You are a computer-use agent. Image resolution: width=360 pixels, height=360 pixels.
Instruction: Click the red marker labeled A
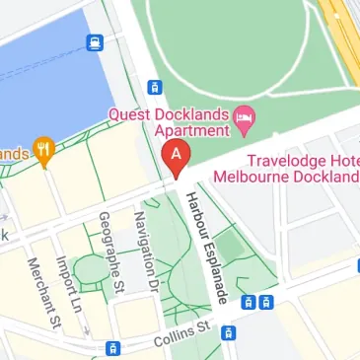(176, 157)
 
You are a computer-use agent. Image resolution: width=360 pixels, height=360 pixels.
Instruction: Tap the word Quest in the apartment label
(132, 114)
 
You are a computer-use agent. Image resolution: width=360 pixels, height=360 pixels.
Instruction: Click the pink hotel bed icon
(244, 124)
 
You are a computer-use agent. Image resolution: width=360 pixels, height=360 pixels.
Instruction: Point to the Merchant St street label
(45, 292)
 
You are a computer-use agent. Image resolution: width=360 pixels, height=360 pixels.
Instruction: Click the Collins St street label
(181, 332)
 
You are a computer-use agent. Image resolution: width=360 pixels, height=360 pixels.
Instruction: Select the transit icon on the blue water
(94, 42)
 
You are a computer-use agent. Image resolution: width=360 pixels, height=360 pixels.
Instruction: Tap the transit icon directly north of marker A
(154, 88)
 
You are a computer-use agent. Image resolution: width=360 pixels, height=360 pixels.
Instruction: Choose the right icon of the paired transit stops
(265, 302)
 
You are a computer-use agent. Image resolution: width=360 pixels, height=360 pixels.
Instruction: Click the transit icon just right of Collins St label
(228, 332)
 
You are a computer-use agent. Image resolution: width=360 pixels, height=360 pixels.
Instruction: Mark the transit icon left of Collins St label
(113, 347)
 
